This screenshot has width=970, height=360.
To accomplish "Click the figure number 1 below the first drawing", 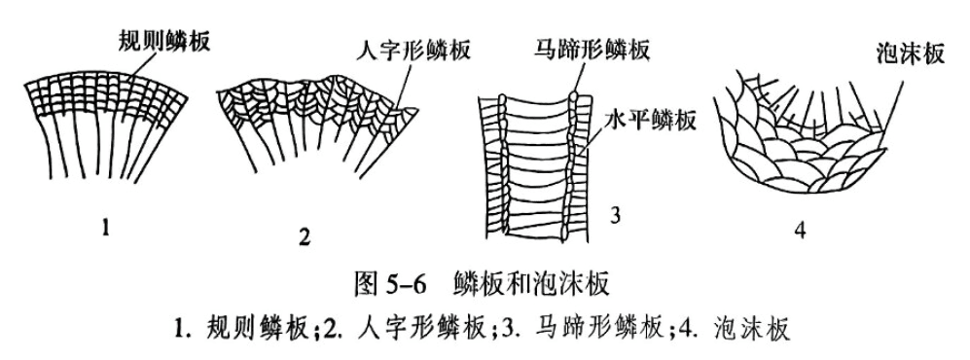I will (x=109, y=231).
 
